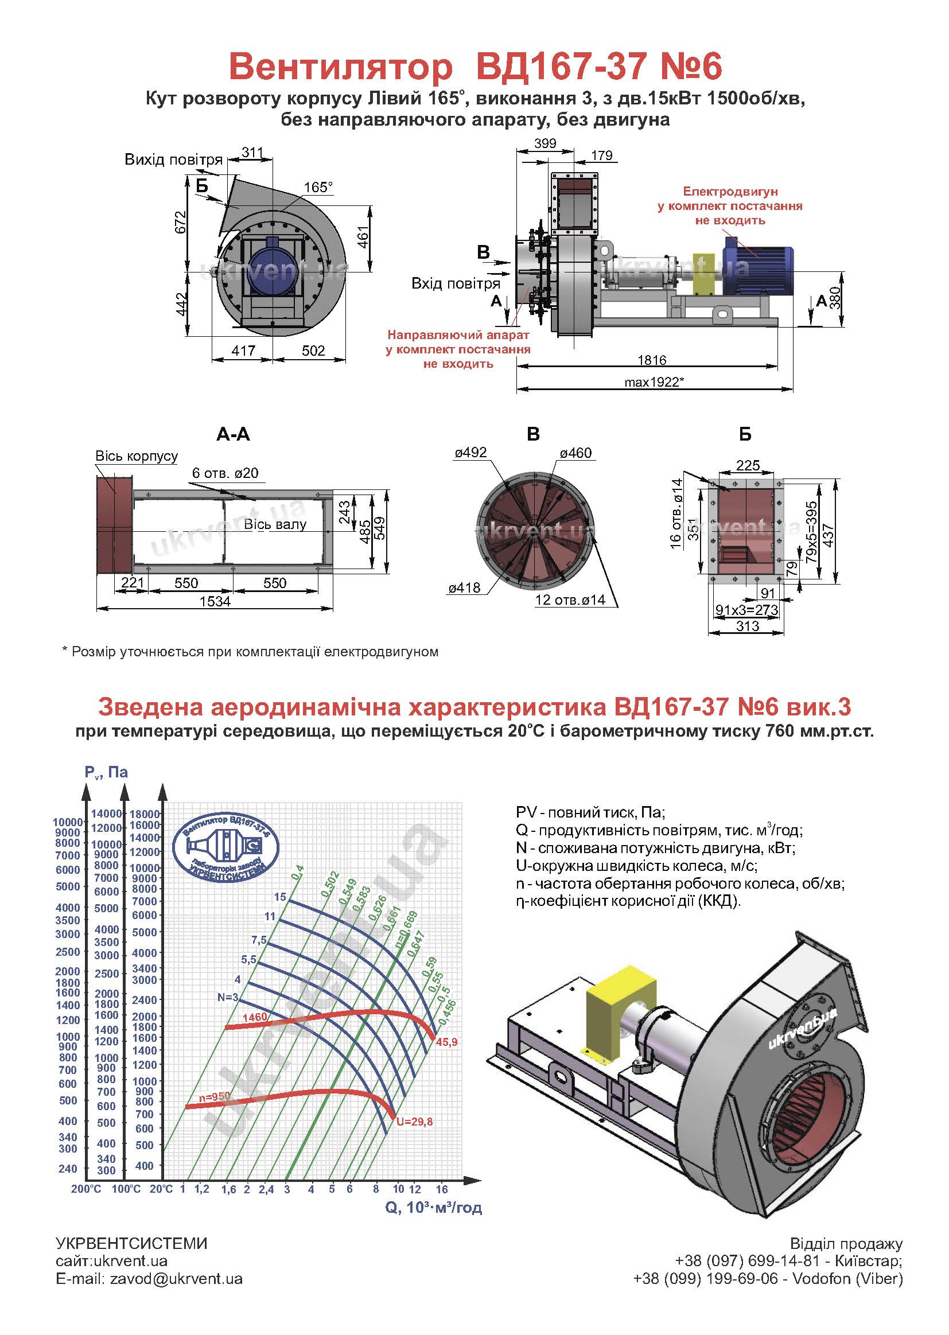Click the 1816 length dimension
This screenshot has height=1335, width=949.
tap(652, 360)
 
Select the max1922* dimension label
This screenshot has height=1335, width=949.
tap(654, 382)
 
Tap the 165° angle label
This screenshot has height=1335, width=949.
tap(318, 187)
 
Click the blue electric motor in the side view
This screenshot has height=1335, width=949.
tap(758, 268)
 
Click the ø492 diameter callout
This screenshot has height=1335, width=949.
tap(470, 453)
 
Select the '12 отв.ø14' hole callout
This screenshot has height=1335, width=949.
tap(570, 600)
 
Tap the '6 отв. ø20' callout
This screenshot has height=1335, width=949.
tap(225, 473)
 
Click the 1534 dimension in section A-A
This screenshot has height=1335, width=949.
tap(215, 601)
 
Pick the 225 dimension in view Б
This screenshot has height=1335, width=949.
tap(748, 465)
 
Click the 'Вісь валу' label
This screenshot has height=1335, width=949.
tap(275, 524)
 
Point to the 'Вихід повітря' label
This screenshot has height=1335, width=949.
tap(173, 159)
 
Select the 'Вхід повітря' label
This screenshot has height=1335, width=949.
tap(456, 283)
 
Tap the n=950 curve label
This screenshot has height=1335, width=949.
tap(215, 1097)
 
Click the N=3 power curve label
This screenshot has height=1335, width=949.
tap(228, 997)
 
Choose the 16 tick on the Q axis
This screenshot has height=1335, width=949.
tap(442, 1189)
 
